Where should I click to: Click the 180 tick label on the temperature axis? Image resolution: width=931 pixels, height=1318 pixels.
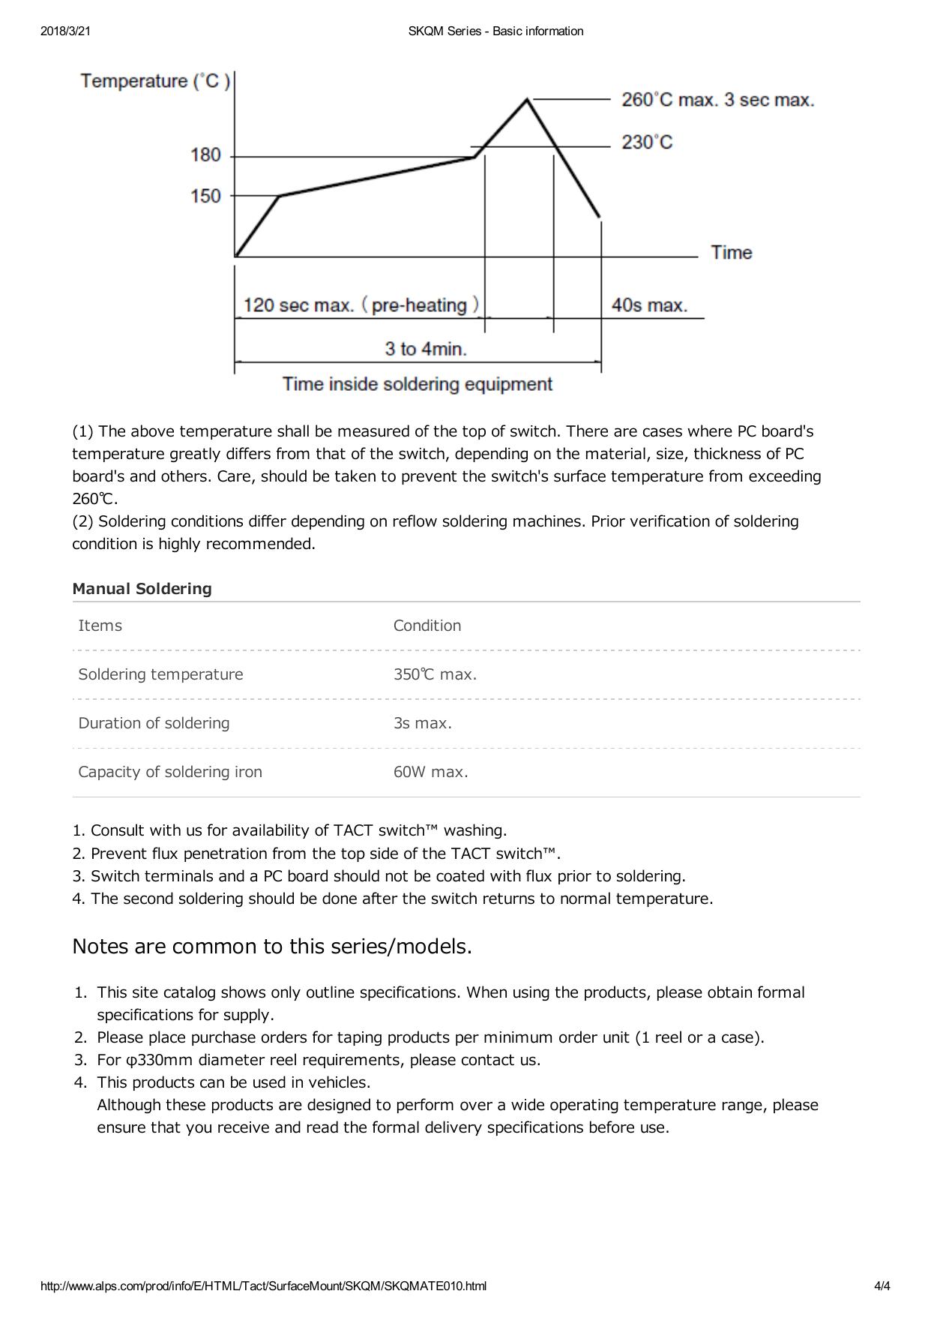(205, 155)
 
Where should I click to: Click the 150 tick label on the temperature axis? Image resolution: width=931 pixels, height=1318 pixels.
(205, 197)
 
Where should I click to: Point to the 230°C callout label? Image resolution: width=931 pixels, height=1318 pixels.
(647, 143)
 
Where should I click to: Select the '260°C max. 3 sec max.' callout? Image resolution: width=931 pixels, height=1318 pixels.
(717, 101)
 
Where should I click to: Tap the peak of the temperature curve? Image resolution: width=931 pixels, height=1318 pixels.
(528, 98)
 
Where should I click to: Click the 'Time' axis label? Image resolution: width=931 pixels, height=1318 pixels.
(731, 253)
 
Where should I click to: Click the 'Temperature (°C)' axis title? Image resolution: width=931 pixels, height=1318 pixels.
(155, 81)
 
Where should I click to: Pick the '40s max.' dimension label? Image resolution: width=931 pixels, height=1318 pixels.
(649, 305)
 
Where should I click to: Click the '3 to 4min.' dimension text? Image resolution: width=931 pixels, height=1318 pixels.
(426, 349)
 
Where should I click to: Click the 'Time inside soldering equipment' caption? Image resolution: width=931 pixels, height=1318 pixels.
(418, 385)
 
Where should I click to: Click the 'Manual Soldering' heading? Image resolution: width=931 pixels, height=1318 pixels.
(142, 589)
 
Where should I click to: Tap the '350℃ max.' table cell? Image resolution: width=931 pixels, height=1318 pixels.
(435, 674)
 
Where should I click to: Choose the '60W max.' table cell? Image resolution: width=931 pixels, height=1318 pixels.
(430, 772)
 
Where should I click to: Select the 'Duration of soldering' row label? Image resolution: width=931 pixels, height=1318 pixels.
(154, 723)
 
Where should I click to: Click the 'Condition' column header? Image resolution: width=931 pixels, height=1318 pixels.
(427, 626)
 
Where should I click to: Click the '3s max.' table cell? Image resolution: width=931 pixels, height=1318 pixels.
(422, 723)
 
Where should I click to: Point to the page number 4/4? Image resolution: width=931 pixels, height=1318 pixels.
(882, 1286)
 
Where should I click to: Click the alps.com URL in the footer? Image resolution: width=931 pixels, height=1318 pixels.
(263, 1286)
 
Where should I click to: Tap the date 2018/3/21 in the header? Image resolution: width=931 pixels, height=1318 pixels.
(61, 32)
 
